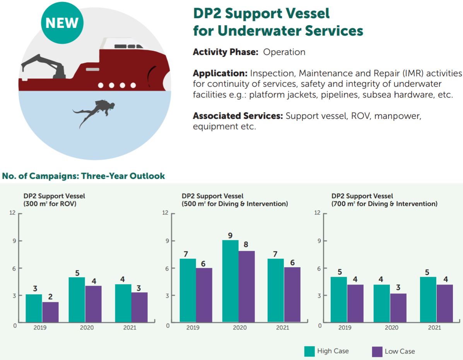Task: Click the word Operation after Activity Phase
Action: click(284, 52)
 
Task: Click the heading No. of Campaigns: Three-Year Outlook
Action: click(84, 176)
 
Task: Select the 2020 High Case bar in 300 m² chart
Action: click(77, 300)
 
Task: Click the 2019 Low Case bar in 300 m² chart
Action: click(50, 312)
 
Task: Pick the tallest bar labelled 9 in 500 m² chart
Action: click(230, 281)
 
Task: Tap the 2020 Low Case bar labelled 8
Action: click(246, 286)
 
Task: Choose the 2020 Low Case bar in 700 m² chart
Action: click(398, 308)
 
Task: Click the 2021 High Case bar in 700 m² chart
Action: click(428, 299)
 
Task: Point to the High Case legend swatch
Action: click(309, 351)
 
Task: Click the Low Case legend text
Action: click(400, 351)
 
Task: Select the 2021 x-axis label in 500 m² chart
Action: click(282, 328)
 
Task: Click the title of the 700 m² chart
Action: click(384, 200)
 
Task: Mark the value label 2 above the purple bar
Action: click(50, 297)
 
